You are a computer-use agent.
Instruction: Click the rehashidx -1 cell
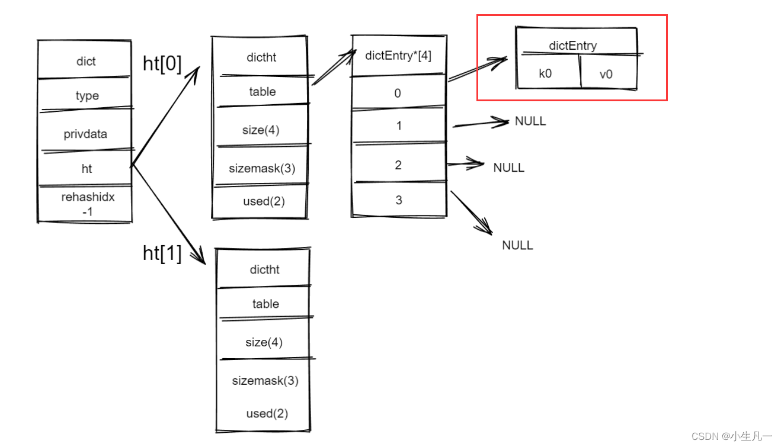point(87,204)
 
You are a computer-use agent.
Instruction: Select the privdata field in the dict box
point(85,134)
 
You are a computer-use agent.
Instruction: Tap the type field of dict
point(87,96)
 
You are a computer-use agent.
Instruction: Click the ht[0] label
point(162,64)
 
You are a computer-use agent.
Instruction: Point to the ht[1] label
point(162,253)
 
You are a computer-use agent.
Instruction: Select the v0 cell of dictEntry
point(606,75)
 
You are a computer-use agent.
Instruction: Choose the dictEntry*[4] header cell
point(398,56)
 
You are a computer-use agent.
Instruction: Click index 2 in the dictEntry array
point(398,165)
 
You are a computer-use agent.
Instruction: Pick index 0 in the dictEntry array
point(398,93)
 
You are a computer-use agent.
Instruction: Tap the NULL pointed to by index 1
point(530,121)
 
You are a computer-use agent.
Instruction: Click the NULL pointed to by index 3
point(517,245)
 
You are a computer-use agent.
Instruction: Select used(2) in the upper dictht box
point(264,201)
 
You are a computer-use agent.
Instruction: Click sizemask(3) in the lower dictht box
point(265,381)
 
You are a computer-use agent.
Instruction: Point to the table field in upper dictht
point(263,92)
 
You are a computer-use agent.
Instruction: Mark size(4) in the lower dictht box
point(264,342)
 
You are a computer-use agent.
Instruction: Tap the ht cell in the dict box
point(87,169)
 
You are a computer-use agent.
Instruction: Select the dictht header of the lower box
point(264,269)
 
